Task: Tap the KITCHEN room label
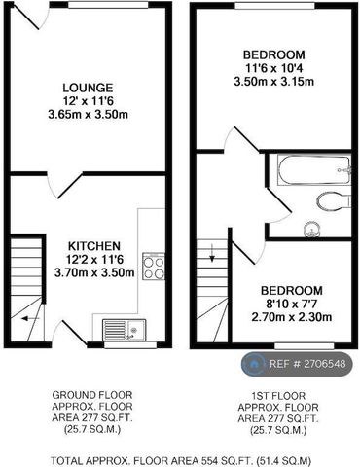[93, 245]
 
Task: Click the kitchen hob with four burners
[154, 266]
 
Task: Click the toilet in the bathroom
[334, 200]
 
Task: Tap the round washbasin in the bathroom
[311, 230]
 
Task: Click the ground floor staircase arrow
[32, 317]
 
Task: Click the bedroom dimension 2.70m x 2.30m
[291, 317]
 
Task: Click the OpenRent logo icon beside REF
[254, 364]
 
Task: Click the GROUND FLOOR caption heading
[92, 395]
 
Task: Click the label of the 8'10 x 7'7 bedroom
[291, 289]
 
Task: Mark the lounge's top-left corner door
[29, 15]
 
